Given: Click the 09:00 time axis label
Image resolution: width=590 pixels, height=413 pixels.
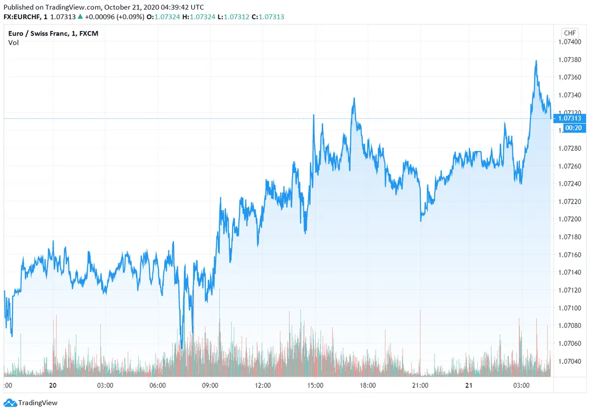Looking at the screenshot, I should (x=210, y=385).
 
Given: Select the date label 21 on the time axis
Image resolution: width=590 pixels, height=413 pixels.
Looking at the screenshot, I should (x=469, y=385).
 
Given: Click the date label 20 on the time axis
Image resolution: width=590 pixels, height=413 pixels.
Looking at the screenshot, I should (x=53, y=385).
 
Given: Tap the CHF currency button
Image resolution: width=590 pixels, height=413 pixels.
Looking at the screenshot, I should (x=570, y=33).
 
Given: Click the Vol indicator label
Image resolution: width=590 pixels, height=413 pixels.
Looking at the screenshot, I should (x=13, y=43).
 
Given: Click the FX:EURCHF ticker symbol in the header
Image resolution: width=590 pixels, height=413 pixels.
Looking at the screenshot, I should (x=22, y=17).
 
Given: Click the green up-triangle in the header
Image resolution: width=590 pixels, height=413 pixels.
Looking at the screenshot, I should (x=80, y=17).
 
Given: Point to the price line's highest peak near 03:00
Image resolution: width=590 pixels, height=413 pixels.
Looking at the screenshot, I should (x=536, y=61).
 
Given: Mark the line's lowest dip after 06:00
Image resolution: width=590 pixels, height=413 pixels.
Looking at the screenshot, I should (x=181, y=348).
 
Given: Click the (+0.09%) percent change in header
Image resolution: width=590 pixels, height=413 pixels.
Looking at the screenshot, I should (x=130, y=17).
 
